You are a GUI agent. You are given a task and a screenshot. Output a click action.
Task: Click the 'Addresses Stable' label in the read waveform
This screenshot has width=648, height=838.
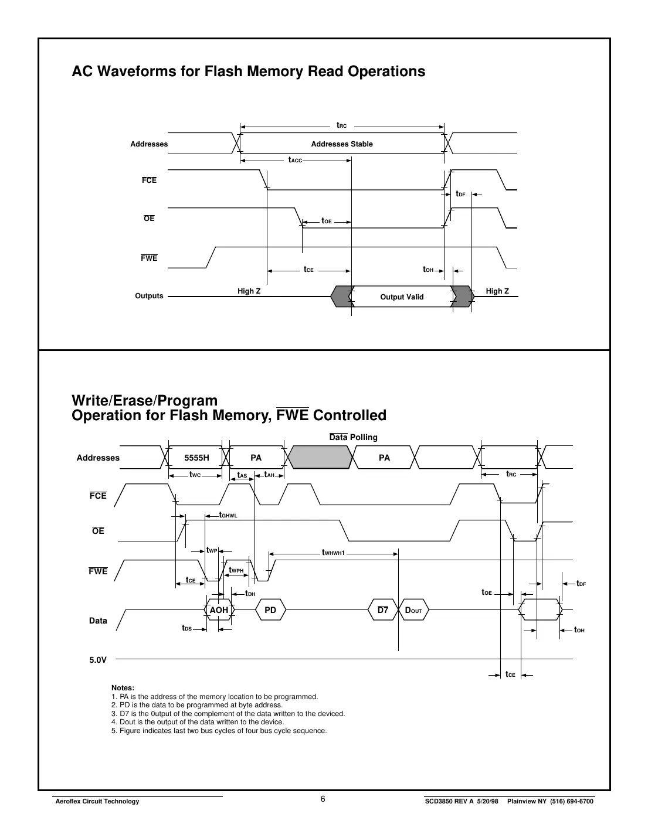point(342,144)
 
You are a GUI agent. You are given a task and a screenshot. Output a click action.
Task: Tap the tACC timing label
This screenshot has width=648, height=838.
point(294,160)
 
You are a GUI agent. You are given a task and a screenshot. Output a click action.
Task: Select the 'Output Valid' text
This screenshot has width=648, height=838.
point(402,297)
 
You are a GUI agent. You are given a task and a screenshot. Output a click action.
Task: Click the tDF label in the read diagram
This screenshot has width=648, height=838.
point(460,194)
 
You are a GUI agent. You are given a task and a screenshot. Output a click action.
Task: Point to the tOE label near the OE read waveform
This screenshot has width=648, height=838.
point(327,222)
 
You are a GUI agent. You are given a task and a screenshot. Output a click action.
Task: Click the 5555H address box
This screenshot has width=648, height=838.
point(196,458)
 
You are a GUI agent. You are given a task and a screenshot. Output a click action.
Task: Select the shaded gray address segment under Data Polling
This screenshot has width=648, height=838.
point(320,457)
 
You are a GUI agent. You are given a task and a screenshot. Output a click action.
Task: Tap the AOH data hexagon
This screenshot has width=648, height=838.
point(219,610)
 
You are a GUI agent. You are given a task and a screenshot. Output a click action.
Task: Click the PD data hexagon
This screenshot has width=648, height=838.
point(270,610)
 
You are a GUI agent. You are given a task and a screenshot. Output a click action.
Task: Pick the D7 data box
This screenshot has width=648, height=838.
point(382,610)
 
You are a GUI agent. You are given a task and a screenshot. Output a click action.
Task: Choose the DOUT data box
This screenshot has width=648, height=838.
point(413,610)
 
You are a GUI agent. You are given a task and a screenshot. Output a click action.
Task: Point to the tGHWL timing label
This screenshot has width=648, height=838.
point(228,515)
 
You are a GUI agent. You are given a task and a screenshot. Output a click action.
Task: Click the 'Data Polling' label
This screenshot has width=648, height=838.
point(353,437)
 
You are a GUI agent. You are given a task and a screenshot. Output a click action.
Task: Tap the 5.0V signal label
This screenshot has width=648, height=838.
point(98,660)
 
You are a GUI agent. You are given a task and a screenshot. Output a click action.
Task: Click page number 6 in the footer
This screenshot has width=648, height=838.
point(323,800)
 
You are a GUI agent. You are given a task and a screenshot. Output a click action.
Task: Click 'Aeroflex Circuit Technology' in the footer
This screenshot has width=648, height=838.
point(97,802)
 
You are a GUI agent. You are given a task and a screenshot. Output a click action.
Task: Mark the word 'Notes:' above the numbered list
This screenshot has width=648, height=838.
point(123,688)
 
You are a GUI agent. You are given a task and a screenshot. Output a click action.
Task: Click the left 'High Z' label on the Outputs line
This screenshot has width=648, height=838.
point(249,291)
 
